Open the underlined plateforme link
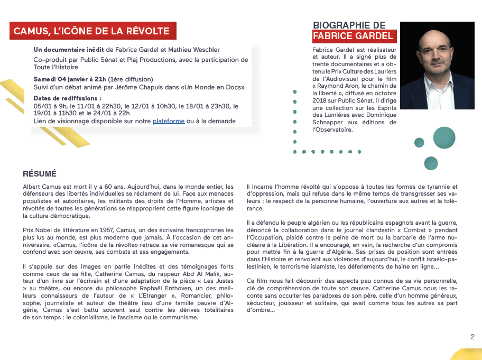point(169,121)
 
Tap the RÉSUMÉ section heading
point(40,173)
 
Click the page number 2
point(472,337)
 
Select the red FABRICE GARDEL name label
point(353,36)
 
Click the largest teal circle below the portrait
point(444,137)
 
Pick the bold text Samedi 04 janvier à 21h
point(69,79)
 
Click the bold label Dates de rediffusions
point(67,98)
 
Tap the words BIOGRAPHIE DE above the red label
point(349,25)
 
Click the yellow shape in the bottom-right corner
point(468,355)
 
